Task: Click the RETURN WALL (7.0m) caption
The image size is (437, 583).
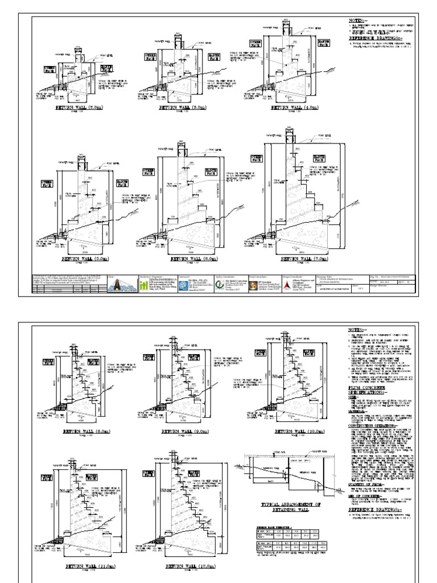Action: (298, 258)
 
